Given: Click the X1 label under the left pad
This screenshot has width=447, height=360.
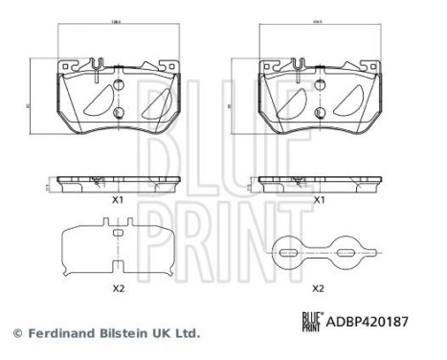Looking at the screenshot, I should pyautogui.click(x=118, y=200).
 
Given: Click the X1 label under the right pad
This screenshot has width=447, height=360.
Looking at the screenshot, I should pyautogui.click(x=321, y=200).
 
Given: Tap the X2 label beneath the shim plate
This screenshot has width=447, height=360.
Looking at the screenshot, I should pyautogui.click(x=119, y=287).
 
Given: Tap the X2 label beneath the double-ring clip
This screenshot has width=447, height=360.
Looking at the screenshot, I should pyautogui.click(x=320, y=287).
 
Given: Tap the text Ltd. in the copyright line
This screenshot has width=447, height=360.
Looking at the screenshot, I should pyautogui.click(x=187, y=334).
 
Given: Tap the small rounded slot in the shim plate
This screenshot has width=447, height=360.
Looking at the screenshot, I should pyautogui.click(x=119, y=232).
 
